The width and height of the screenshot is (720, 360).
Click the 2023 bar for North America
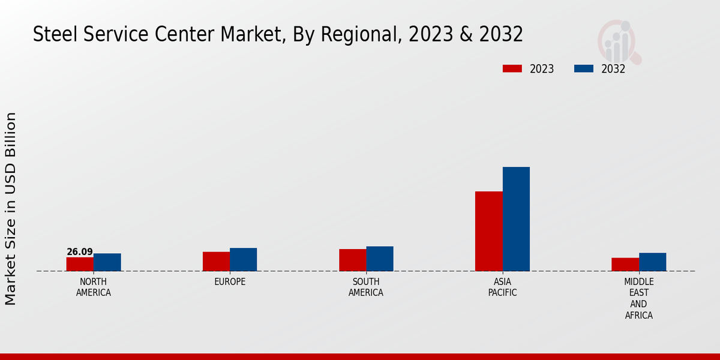[x=80, y=264]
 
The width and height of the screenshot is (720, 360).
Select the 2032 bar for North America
[x=107, y=262]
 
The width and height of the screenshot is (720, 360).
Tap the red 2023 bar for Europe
[x=216, y=261]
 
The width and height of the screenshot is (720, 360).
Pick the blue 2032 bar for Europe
[x=243, y=259]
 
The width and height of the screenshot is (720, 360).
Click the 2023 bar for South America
[x=352, y=260]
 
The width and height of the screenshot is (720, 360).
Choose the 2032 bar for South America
[x=380, y=259]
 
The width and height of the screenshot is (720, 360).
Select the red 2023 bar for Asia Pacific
[x=488, y=231]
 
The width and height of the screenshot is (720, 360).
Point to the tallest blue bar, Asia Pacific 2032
[x=516, y=219]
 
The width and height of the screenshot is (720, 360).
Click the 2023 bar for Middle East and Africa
[x=625, y=264]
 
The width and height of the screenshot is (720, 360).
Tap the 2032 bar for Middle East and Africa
[x=652, y=262]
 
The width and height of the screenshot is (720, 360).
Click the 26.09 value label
[x=80, y=252]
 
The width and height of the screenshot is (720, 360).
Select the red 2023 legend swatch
[x=512, y=68]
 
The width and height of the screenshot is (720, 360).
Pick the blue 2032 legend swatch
[x=583, y=68]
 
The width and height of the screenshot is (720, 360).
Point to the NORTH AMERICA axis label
[x=94, y=287]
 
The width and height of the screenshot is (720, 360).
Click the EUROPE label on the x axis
[x=230, y=282]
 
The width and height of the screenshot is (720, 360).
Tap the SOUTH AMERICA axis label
[x=366, y=287]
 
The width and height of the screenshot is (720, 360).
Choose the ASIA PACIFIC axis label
[x=502, y=287]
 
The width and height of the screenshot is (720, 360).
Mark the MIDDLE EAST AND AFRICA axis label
[x=639, y=298]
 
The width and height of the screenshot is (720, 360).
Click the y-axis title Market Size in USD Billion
[x=11, y=208]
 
